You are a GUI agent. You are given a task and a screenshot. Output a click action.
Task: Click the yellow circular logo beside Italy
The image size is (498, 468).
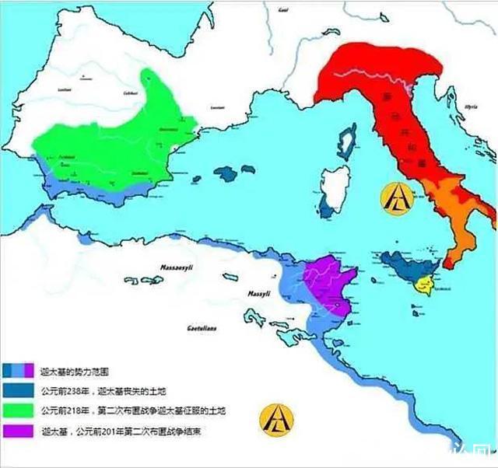click(395, 197)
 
